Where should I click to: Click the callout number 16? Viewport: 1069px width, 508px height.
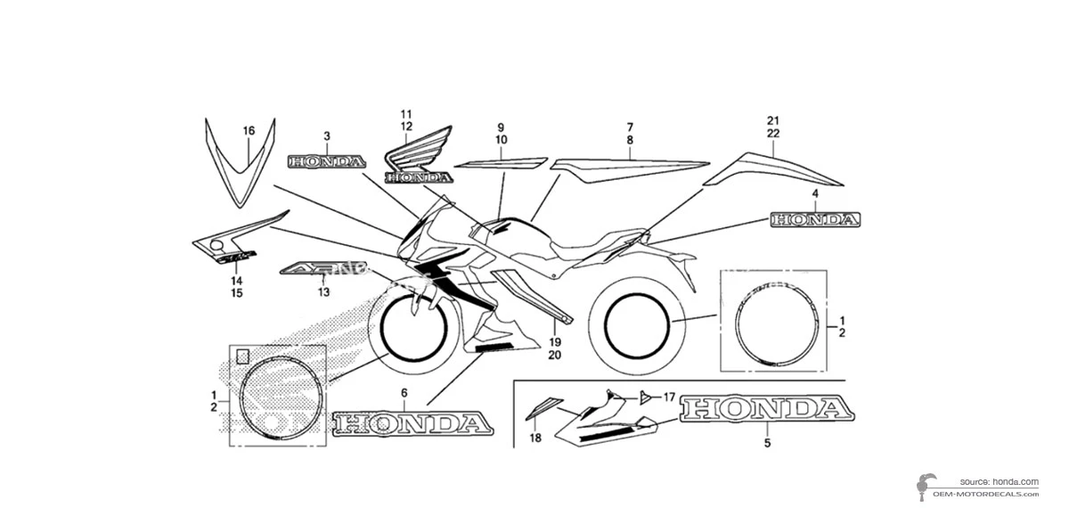click(249, 131)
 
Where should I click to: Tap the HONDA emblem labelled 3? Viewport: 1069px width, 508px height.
click(327, 162)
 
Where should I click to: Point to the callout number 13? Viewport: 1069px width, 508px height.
click(323, 291)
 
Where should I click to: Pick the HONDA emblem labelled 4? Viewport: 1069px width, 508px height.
click(815, 219)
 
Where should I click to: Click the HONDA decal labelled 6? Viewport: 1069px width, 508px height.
click(412, 422)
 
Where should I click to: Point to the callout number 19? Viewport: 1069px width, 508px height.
click(554, 342)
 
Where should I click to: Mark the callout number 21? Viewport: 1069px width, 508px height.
click(772, 120)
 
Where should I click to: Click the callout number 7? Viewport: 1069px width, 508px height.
click(630, 127)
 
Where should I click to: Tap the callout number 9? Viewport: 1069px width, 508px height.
click(501, 127)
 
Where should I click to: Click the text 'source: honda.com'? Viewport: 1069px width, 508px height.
click(999, 481)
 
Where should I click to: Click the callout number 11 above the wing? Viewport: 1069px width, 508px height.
click(406, 114)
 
